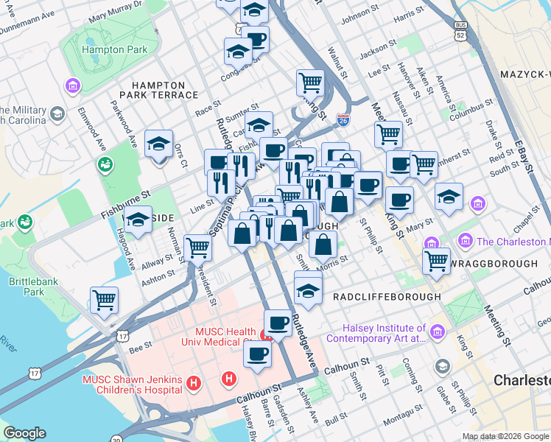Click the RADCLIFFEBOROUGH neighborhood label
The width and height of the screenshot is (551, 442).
coord(387,296)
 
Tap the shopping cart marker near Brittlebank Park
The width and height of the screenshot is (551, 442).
coord(104,300)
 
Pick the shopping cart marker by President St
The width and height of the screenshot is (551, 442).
coord(197,248)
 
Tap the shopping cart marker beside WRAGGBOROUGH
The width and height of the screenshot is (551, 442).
coord(437,259)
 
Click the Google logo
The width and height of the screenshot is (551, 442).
coord(24,433)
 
